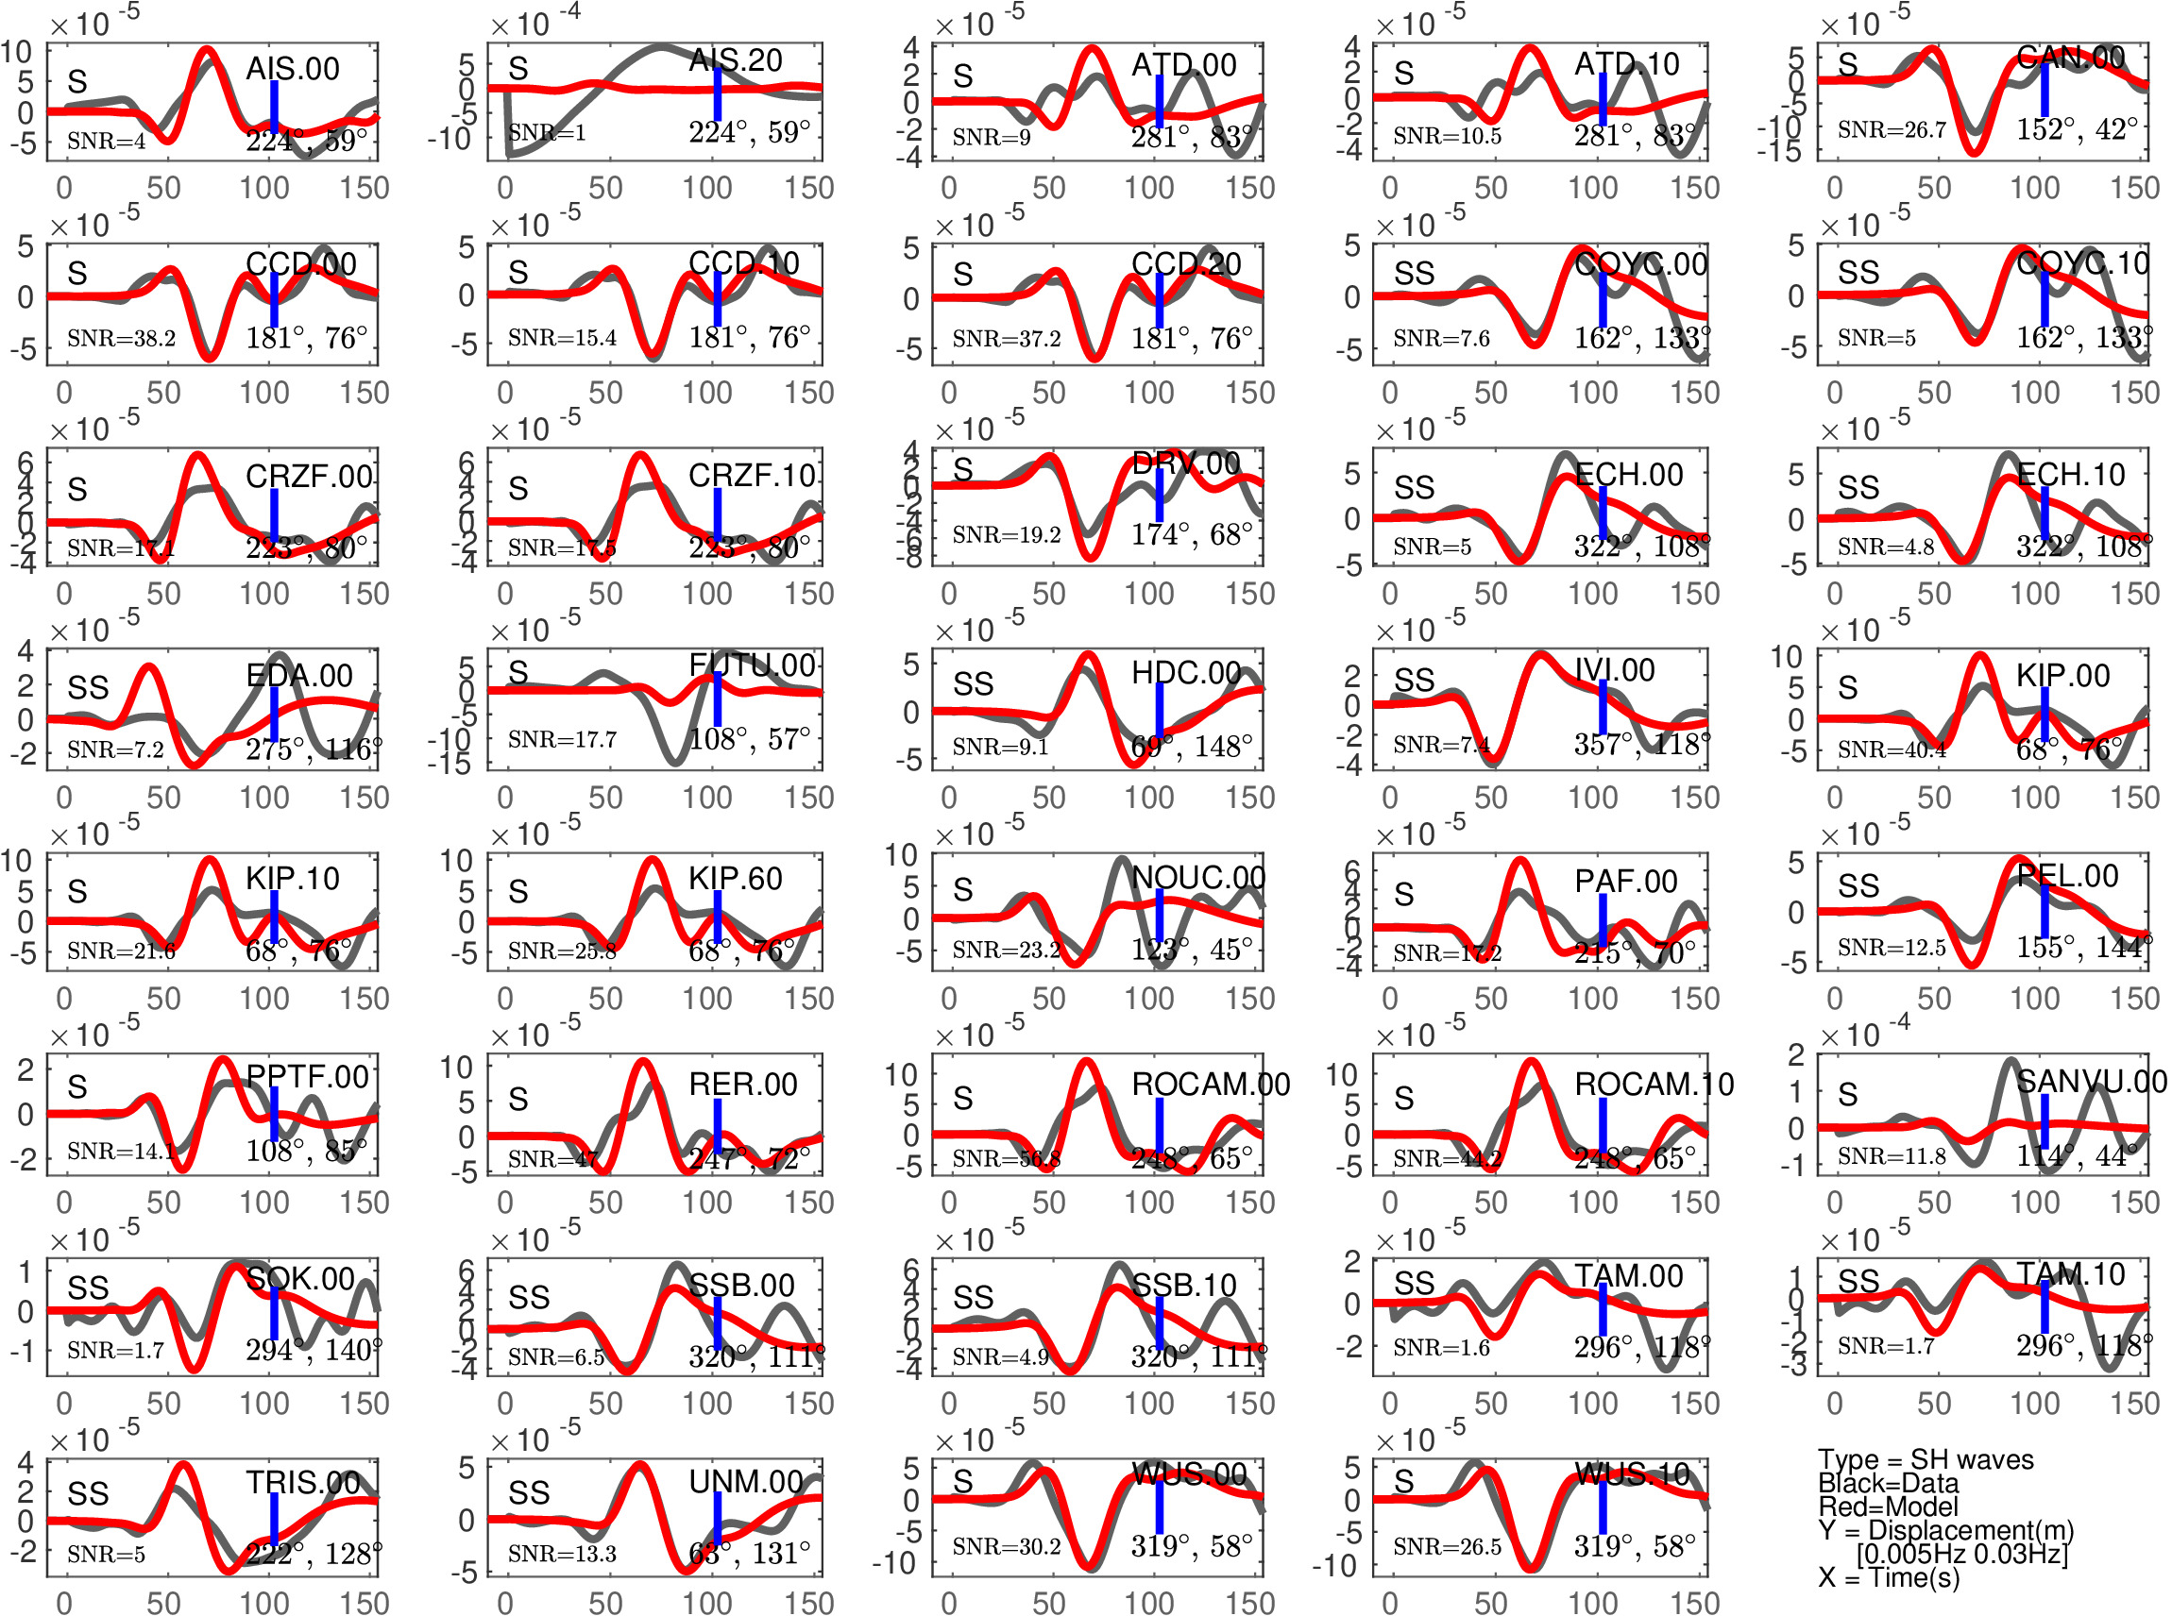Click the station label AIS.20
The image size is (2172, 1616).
pos(735,60)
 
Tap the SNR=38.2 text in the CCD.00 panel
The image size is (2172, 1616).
pos(121,339)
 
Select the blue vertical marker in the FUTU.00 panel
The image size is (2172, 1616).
pos(717,699)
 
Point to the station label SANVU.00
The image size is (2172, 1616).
pos(2091,1081)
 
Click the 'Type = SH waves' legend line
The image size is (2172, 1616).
pos(1925,1459)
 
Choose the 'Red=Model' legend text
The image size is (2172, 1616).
pos(1888,1507)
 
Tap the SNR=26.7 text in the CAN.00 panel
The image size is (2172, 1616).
pos(1892,130)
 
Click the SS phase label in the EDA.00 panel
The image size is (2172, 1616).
pos(88,688)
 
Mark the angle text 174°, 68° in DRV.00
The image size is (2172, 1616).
pos(1191,534)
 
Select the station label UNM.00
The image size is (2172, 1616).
pos(745,1482)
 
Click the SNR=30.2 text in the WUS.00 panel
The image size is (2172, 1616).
pos(1006,1546)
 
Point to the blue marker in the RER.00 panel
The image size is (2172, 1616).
pos(717,1126)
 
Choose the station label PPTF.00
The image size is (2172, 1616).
pos(306,1077)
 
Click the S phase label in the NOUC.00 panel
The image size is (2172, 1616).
pos(962,889)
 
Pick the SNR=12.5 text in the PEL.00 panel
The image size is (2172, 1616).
pos(1892,947)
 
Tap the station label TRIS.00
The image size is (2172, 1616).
pos(302,1483)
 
